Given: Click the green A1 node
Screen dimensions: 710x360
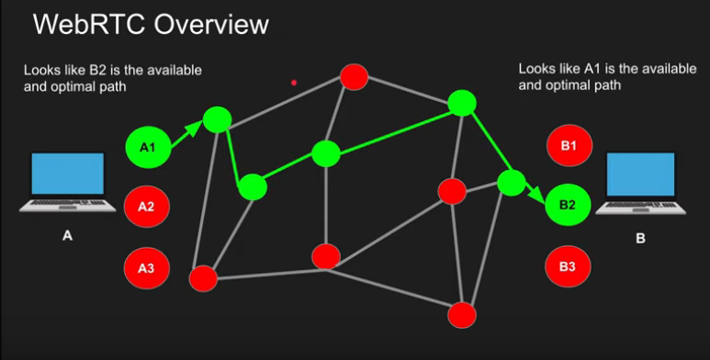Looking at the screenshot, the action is [148, 147].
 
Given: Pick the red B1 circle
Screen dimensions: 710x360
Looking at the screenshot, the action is [568, 146].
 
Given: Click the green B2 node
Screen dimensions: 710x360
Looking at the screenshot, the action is [568, 206].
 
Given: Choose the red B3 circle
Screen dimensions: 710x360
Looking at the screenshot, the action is [568, 267].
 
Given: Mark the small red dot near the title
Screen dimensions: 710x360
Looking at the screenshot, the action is [294, 83].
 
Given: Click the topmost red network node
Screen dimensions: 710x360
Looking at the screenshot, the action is [355, 76].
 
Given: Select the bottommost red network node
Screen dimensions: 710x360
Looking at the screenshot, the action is [462, 315].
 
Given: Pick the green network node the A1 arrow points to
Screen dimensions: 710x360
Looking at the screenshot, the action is [218, 118].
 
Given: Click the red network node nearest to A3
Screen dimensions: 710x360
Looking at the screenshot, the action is [203, 277].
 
